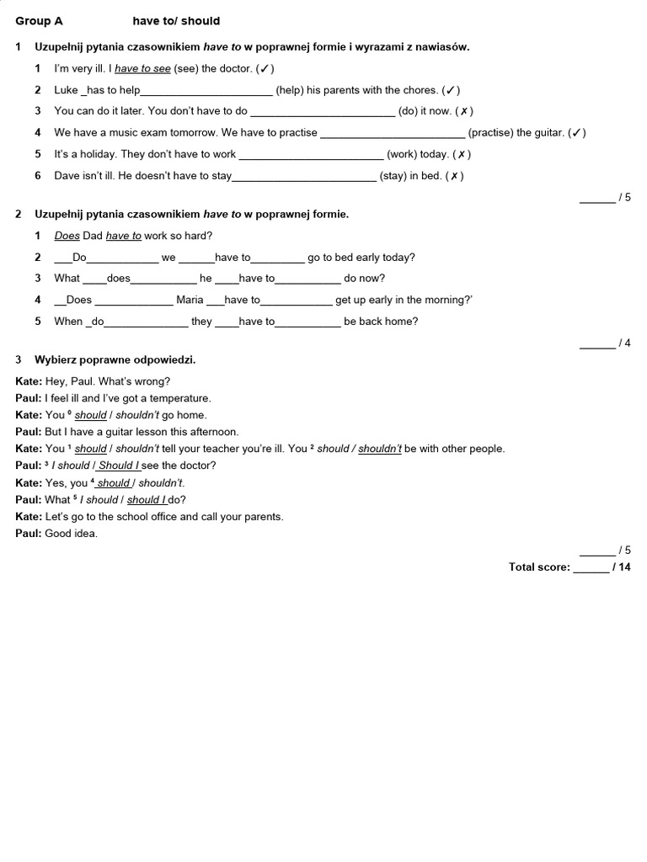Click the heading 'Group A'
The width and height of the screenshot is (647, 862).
[x=39, y=21]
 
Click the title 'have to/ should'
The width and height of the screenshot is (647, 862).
[x=176, y=21]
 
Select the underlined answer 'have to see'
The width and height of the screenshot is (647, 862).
[x=142, y=68]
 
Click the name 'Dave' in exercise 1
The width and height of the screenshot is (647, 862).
[x=67, y=176]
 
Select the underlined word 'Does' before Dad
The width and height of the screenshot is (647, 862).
[x=67, y=236]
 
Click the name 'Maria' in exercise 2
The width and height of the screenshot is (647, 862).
[x=190, y=300]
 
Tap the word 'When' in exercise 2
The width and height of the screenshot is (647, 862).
[x=68, y=321]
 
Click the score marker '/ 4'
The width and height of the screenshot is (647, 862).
[x=624, y=343]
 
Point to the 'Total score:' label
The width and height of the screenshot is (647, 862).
[x=539, y=567]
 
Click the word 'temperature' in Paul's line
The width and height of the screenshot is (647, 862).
[x=183, y=398]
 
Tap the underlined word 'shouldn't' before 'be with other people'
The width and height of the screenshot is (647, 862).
[x=380, y=449]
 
